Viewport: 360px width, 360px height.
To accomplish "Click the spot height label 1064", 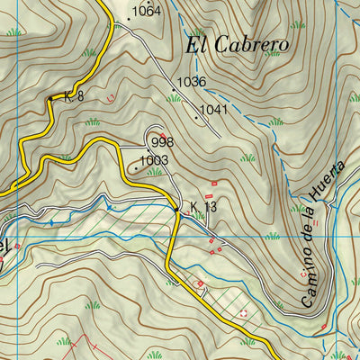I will click(x=146, y=12).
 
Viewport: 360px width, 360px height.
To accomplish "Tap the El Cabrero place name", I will click(x=237, y=44).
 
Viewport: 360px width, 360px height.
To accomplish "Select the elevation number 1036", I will click(x=192, y=82).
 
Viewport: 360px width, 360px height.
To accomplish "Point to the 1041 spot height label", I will click(x=213, y=110).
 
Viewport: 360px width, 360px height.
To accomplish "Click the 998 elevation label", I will click(x=162, y=143).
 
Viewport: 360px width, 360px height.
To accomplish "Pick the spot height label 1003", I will click(x=155, y=160).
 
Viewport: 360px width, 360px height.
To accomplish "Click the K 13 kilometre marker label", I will click(x=203, y=207).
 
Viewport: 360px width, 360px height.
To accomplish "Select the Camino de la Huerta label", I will click(x=321, y=234).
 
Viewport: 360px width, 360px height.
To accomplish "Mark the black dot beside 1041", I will click(x=195, y=116).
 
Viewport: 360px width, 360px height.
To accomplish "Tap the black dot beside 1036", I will click(x=173, y=89).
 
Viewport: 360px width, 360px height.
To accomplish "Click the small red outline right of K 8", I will click(x=110, y=96).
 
